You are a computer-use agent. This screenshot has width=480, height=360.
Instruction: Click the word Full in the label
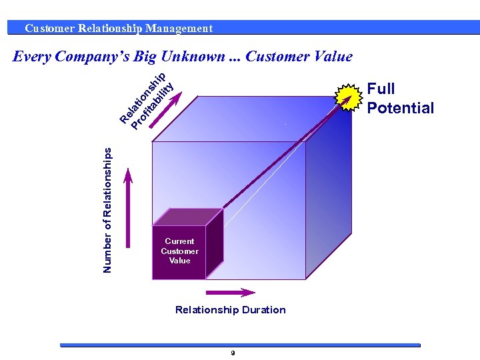381,89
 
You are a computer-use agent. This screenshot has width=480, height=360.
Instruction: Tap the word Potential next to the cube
400,108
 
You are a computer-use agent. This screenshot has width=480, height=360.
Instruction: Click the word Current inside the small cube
179,241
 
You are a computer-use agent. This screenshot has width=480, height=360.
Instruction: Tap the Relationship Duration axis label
230,309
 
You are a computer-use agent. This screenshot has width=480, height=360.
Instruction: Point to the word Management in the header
179,28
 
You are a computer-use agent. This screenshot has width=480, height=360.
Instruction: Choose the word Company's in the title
93,57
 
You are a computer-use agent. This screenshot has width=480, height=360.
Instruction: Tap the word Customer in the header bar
49,28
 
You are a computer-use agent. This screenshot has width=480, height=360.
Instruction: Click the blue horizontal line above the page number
240,345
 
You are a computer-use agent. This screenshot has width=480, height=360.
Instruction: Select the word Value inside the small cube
179,261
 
